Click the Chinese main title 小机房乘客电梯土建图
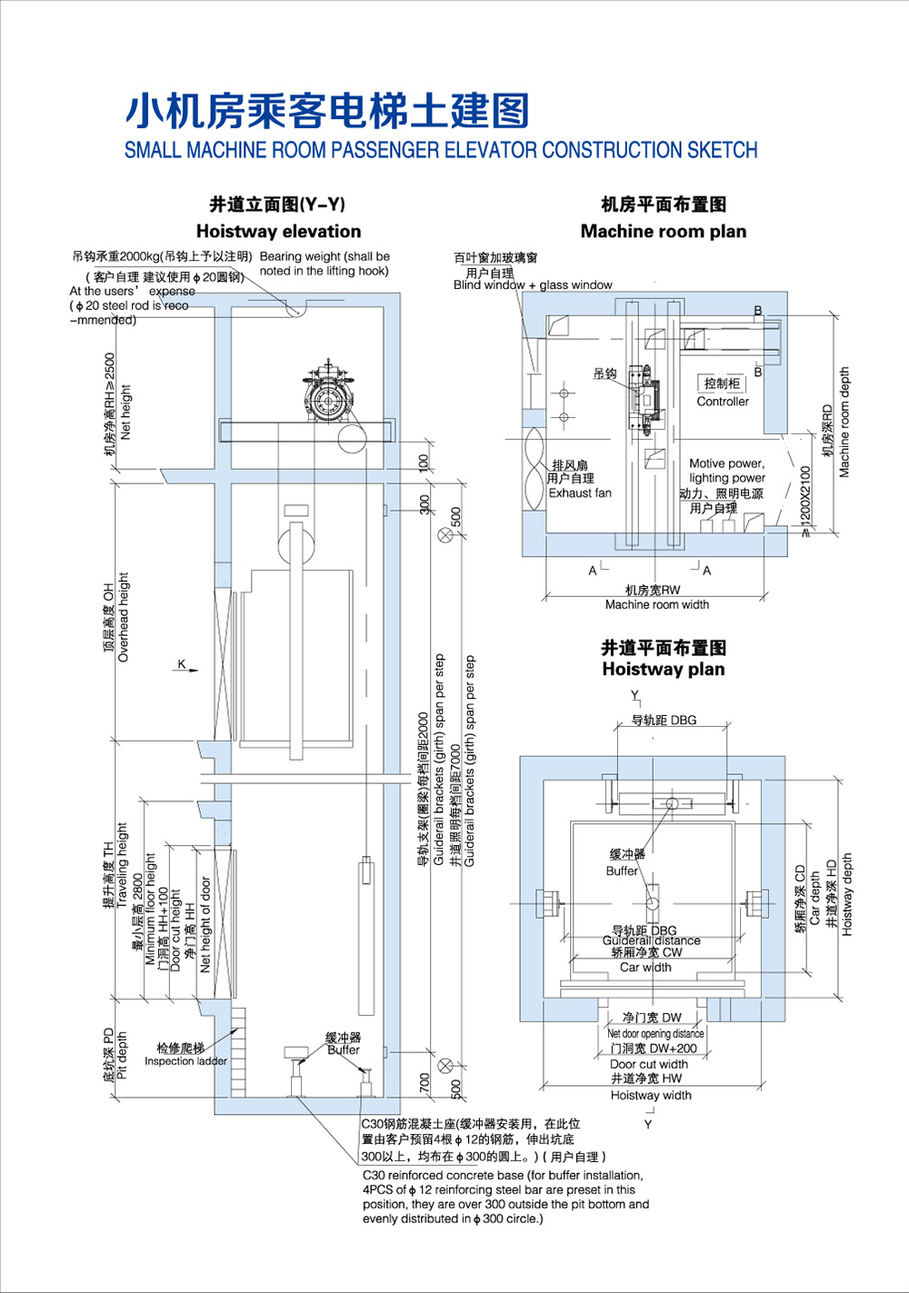(x=326, y=111)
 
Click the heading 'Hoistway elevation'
(x=278, y=231)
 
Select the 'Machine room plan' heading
(x=663, y=231)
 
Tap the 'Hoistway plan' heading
(x=663, y=670)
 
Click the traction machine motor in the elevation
(x=328, y=399)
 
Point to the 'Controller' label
(x=723, y=402)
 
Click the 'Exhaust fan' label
(x=580, y=493)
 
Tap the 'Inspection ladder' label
(x=185, y=1061)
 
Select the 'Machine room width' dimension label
(x=656, y=604)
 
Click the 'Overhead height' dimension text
(x=125, y=617)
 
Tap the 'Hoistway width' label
(x=651, y=1095)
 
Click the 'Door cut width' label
(x=648, y=1064)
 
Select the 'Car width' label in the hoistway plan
(x=645, y=968)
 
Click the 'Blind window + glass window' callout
(x=533, y=285)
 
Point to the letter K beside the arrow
(x=182, y=664)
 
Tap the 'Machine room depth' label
(x=844, y=422)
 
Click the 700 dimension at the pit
(x=425, y=1082)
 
